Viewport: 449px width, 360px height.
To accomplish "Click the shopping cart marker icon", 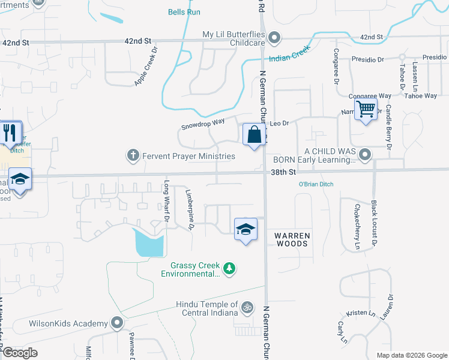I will tap(366, 110).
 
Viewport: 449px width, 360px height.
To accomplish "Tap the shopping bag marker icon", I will tap(254, 134).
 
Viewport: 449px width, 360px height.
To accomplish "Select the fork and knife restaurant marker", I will tap(9, 133).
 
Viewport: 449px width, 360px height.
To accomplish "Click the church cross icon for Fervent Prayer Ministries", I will tap(133, 156).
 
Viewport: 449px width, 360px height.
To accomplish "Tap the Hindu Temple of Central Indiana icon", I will tap(247, 308).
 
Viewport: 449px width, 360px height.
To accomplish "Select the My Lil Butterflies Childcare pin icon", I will tap(274, 38).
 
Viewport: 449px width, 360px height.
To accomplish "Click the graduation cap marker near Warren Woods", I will tap(245, 229).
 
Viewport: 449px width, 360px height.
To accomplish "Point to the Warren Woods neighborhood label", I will tap(292, 239).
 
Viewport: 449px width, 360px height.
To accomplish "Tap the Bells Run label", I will tap(184, 12).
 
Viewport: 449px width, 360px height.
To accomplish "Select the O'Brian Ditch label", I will tap(316, 184).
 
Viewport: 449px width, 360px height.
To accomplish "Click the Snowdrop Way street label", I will tap(203, 124).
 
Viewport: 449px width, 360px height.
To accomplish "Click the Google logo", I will tap(20, 353).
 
